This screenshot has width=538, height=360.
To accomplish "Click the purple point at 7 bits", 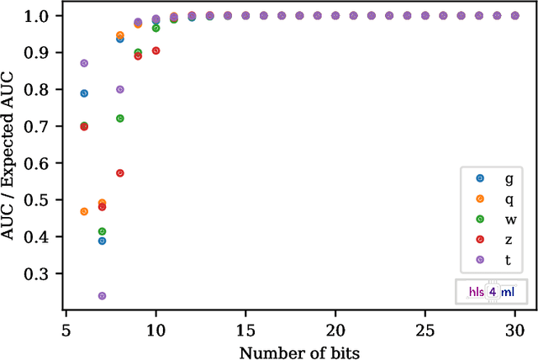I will coord(102,296).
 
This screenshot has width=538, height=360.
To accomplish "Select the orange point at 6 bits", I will coord(84,211).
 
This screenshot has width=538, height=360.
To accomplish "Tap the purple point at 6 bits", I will coord(84,63).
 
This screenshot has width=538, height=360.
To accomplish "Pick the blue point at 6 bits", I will coord(84,93).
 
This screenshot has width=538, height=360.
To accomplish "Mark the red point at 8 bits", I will coord(120,173).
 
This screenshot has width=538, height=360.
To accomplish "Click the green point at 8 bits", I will coord(120,119).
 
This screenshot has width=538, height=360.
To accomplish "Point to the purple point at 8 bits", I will coord(120,89).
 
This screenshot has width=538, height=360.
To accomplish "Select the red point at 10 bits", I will coord(156,50).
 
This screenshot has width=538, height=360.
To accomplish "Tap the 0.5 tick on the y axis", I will coord(50,200).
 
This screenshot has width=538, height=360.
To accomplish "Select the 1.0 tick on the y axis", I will coord(50,16).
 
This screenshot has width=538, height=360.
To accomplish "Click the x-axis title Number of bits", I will coord(299,351).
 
